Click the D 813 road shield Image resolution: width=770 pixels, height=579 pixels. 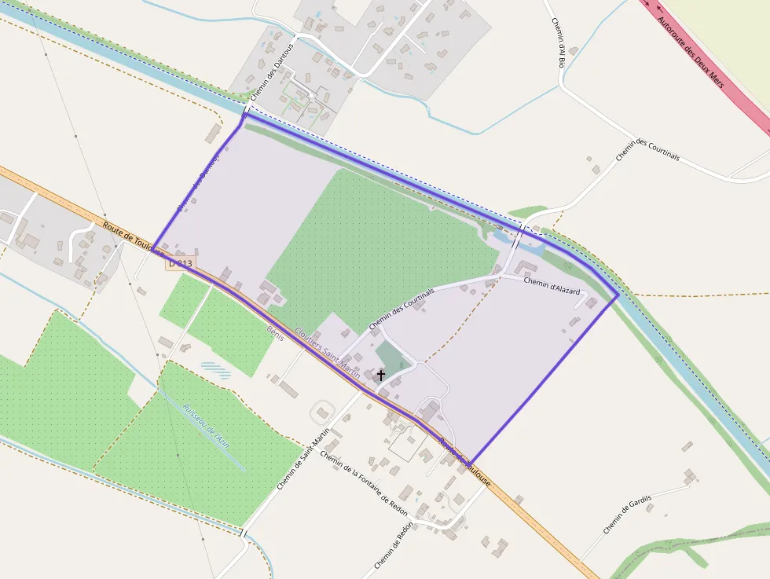(180, 264)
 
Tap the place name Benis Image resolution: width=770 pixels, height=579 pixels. (274, 334)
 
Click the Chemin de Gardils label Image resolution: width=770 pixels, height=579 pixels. (628, 510)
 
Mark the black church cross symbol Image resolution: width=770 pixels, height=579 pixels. (381, 376)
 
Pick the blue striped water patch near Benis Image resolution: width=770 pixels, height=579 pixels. (216, 369)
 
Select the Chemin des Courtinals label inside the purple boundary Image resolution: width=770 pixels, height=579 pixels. (401, 309)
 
